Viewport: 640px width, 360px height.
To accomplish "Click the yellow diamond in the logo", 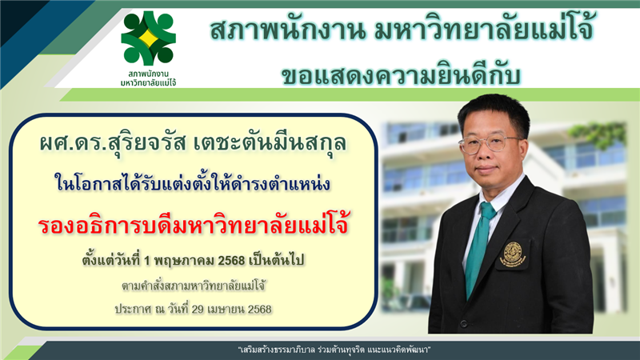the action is [x=148, y=38].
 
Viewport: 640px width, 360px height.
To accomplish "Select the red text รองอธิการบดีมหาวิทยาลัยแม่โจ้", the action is [x=194, y=225].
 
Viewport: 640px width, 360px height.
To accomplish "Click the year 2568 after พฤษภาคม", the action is [x=231, y=261].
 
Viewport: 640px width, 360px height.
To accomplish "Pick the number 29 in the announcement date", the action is [x=198, y=309].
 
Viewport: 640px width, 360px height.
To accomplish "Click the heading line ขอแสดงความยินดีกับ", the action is [x=402, y=76].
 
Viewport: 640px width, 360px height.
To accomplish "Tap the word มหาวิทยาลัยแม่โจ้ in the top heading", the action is [x=484, y=30].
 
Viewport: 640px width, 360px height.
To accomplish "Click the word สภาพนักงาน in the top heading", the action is [x=287, y=30].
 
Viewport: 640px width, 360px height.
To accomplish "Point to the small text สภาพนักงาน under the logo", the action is [x=149, y=74].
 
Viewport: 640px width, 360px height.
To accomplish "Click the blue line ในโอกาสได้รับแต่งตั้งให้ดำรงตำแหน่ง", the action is [x=192, y=184].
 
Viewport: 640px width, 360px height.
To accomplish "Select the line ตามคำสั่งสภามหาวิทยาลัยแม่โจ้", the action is [x=194, y=286].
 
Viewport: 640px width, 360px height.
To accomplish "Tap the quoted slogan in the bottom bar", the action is [x=334, y=350].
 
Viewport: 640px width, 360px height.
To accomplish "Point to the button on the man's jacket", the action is [x=463, y=324].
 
